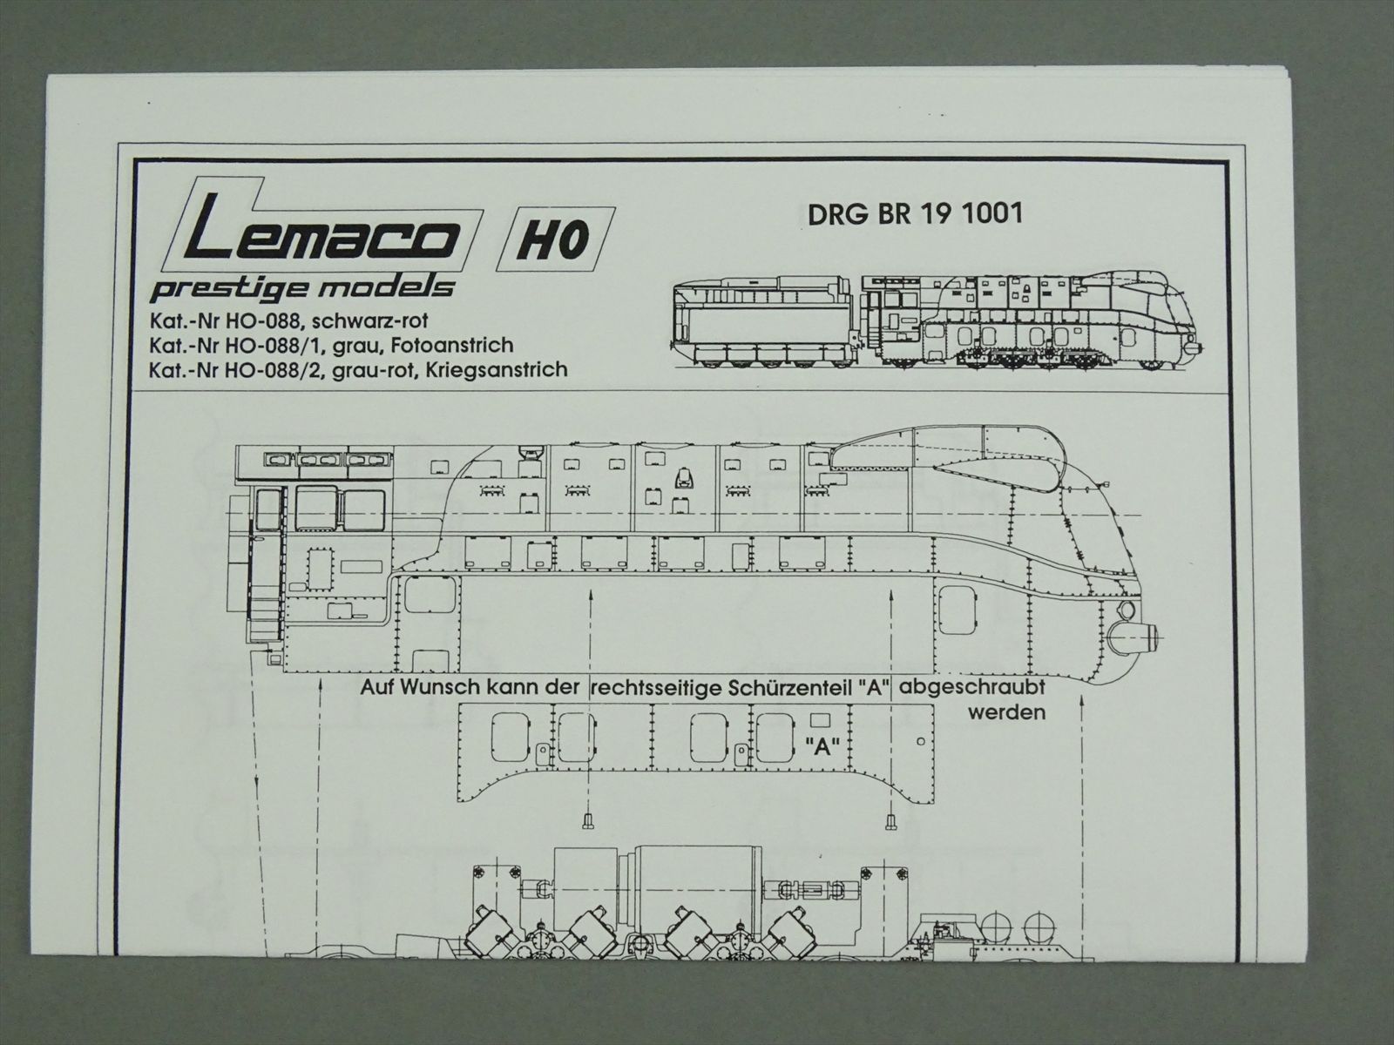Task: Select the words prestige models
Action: (302, 289)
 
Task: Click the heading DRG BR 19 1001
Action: (915, 214)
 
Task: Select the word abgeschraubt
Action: (972, 688)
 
